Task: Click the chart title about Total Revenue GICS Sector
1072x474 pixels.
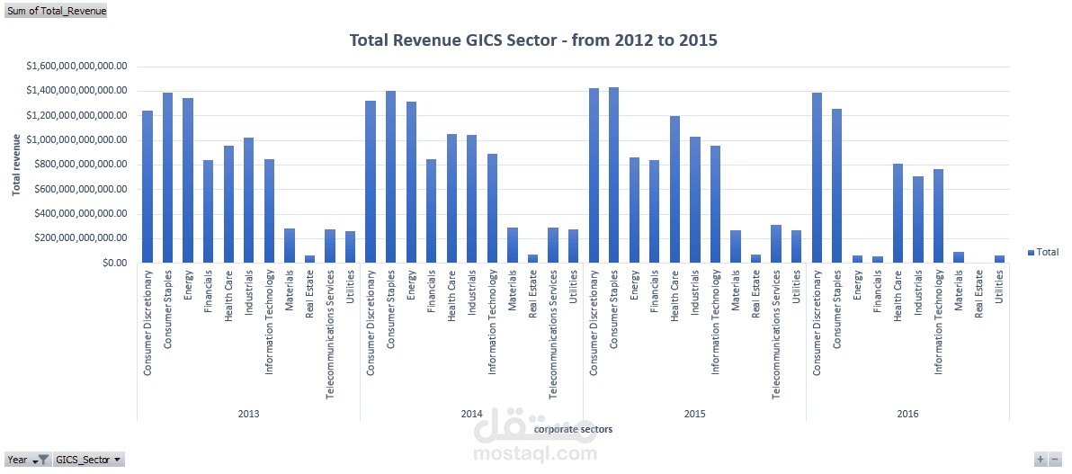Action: tap(532, 40)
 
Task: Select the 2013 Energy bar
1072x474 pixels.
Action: tap(188, 180)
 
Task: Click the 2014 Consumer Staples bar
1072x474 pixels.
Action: tap(390, 176)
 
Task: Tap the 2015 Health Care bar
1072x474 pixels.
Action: tap(674, 189)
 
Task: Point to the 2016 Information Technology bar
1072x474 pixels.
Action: tap(939, 216)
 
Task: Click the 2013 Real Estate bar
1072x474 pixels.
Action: tap(309, 259)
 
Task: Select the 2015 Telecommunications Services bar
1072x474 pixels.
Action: tap(776, 244)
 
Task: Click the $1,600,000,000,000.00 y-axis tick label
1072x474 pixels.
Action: tap(76, 67)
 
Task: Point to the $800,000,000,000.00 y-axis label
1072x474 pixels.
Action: tap(76, 165)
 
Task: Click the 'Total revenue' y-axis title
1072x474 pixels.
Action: tap(16, 164)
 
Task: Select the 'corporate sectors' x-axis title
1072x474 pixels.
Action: tap(573, 430)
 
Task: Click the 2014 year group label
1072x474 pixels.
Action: tap(471, 414)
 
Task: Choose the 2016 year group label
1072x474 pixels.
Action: tap(907, 414)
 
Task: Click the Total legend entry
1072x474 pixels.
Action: tap(1042, 253)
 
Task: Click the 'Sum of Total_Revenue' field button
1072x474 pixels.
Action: tap(56, 12)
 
